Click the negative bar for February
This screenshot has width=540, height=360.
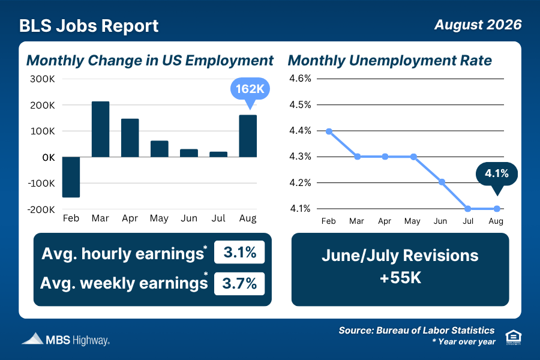(x=71, y=177)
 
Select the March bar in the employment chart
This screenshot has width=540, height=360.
(x=101, y=129)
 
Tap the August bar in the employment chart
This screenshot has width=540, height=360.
(x=248, y=136)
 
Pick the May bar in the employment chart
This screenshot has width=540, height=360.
(x=160, y=149)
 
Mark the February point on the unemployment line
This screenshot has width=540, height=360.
(x=329, y=131)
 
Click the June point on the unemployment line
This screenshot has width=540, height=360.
(x=442, y=182)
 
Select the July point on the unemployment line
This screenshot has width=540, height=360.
(x=467, y=209)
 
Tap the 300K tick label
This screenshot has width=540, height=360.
(x=43, y=79)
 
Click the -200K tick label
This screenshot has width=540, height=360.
(x=41, y=209)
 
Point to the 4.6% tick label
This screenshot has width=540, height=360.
(x=300, y=79)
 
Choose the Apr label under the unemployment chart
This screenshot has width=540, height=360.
(x=385, y=221)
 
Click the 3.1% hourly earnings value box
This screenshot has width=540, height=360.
(x=239, y=252)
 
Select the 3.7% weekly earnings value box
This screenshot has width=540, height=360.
(x=239, y=284)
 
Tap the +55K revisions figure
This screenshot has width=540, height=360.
(x=401, y=278)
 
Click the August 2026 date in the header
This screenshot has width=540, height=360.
(x=478, y=25)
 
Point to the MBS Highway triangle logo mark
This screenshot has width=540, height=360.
(x=34, y=338)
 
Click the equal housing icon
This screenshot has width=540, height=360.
(x=513, y=337)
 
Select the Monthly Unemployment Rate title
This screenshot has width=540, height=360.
(x=390, y=61)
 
